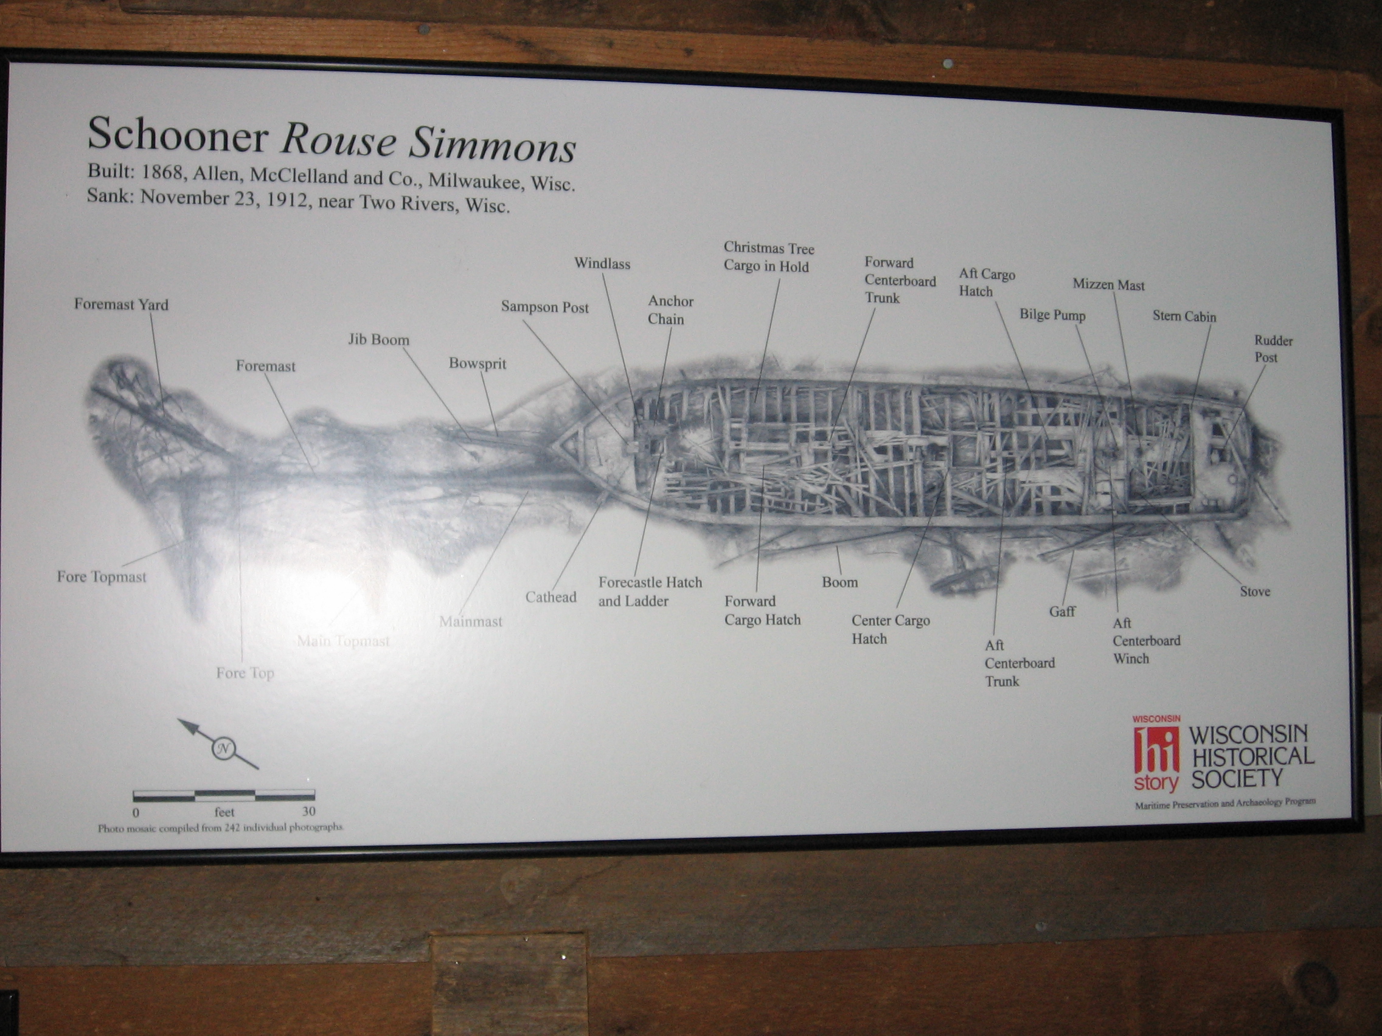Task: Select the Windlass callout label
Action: point(602,263)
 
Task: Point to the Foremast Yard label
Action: point(121,305)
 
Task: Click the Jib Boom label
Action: point(378,340)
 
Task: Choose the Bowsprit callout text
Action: point(477,364)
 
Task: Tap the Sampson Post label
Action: point(545,307)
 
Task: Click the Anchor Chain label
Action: point(670,310)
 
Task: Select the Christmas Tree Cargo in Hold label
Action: point(768,257)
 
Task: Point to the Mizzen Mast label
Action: point(1108,285)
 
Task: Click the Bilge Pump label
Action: point(1052,315)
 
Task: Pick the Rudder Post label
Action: point(1273,349)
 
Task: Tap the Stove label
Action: point(1254,592)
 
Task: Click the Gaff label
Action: point(1062,612)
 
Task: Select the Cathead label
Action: point(550,597)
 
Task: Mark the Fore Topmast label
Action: point(102,576)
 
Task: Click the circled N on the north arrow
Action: point(223,748)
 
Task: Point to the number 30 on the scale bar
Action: point(308,811)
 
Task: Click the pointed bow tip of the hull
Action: point(552,447)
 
